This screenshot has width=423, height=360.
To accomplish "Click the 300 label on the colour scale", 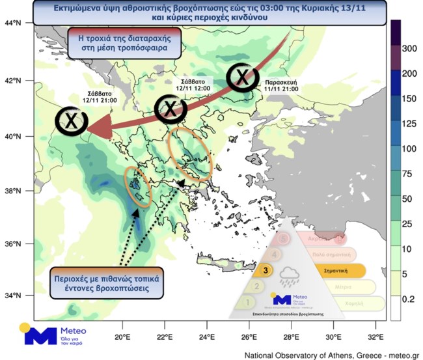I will tap(410, 49).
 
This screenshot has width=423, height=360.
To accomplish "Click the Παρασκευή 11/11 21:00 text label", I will tap(282, 85).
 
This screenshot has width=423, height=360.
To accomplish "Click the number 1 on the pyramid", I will tap(247, 301).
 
